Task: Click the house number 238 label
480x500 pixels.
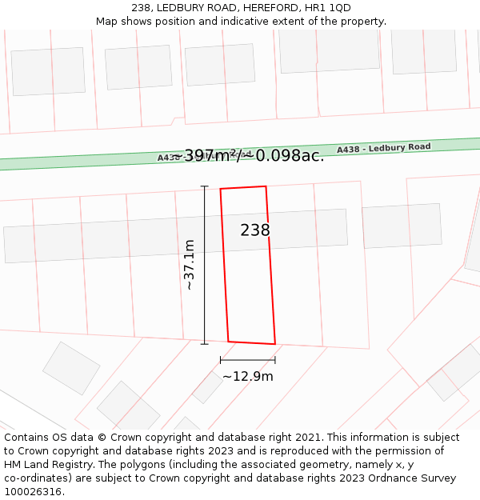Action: pyautogui.click(x=255, y=230)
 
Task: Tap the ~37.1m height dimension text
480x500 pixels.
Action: pyautogui.click(x=190, y=265)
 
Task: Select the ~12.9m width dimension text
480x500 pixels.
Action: pyautogui.click(x=247, y=376)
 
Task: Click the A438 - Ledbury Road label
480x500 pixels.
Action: pyautogui.click(x=383, y=148)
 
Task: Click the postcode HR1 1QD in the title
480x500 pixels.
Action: pyautogui.click(x=329, y=8)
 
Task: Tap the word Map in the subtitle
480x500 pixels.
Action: pyautogui.click(x=107, y=21)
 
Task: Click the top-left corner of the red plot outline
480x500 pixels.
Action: pyautogui.click(x=221, y=189)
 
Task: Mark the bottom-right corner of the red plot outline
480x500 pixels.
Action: pyautogui.click(x=275, y=344)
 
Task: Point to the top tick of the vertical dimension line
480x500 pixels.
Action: pyautogui.click(x=204, y=186)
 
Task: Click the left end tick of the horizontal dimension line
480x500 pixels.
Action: pyautogui.click(x=220, y=360)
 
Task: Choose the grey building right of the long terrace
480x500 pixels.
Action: pyautogui.click(x=402, y=226)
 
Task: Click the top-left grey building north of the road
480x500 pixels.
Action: pyautogui.click(x=48, y=71)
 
